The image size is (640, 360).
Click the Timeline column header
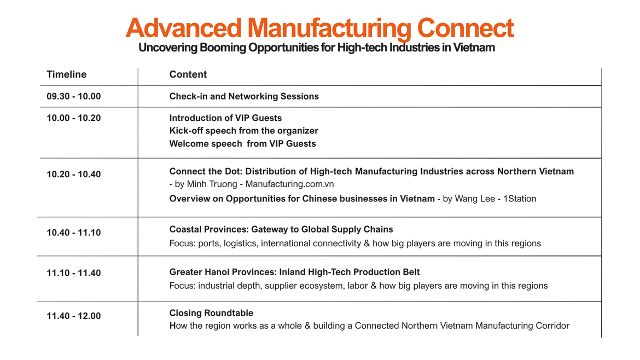67,74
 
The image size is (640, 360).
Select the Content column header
188,74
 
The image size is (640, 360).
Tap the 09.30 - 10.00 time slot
73,96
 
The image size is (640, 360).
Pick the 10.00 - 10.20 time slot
73,118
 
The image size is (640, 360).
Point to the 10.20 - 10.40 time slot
73,175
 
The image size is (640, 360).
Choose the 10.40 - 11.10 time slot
73,233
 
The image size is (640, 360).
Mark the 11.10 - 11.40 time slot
73,273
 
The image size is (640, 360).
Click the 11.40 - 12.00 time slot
73,316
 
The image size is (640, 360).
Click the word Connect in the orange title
465,28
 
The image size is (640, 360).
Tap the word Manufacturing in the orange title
329,28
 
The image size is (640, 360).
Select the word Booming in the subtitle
223,48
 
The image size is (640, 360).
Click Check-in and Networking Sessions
244,96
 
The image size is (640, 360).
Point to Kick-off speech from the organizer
243,131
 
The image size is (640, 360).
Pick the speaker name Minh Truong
212,184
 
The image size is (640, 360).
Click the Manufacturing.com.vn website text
289,184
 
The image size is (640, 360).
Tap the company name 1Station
520,199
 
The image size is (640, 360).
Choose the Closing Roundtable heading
212,313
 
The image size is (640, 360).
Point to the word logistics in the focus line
240,243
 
